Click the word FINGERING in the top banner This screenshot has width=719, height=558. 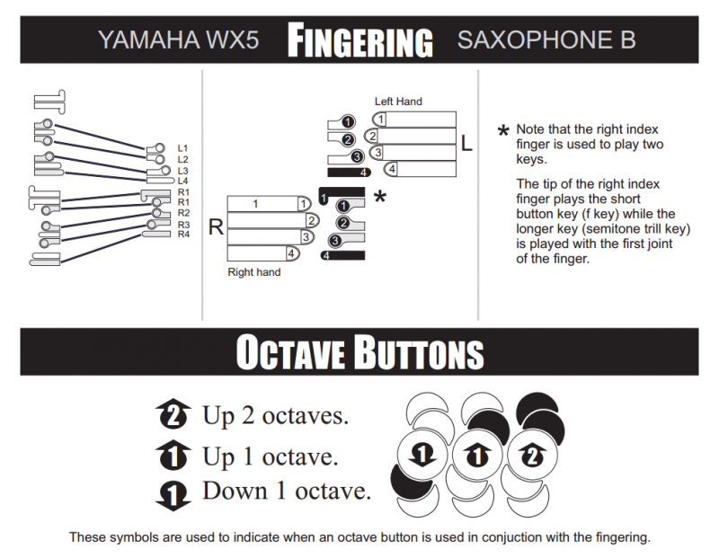coord(360,40)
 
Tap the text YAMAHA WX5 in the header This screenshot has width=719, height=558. coord(178,40)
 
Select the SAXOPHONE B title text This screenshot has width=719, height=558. coord(546,40)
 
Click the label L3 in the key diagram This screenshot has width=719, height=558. coord(183,171)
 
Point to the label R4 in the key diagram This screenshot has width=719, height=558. coord(183,235)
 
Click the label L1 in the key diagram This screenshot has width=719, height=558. coord(182,148)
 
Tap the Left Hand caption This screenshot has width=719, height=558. coord(398,102)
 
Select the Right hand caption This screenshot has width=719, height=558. coord(254,272)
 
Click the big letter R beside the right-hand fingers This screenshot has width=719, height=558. coord(216,226)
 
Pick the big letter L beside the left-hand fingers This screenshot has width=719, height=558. coord(466,143)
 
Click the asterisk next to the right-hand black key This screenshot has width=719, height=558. coord(380,197)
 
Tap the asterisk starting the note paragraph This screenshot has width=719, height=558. coord(503,131)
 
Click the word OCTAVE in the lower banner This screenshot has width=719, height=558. coord(290,352)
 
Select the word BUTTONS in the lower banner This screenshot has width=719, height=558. coord(420,352)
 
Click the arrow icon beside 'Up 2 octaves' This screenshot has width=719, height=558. coord(173,414)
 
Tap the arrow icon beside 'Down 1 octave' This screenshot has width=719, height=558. coord(173,496)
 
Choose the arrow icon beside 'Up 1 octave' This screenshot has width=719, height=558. coord(173,455)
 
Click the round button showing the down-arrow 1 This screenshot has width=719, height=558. coord(422,455)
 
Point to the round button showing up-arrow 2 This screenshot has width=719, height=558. coord(532,455)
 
